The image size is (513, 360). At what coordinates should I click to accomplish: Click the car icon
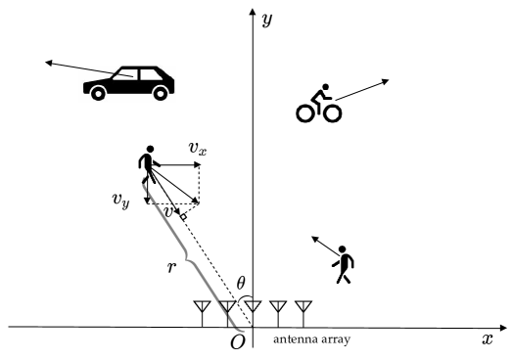coord(129,82)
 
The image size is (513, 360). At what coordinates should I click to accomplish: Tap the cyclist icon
coord(318,104)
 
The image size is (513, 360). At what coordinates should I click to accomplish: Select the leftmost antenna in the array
coord(201,312)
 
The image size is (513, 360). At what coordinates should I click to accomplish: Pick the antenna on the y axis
coord(253,312)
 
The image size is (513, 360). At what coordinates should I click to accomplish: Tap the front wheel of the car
coord(98,91)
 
